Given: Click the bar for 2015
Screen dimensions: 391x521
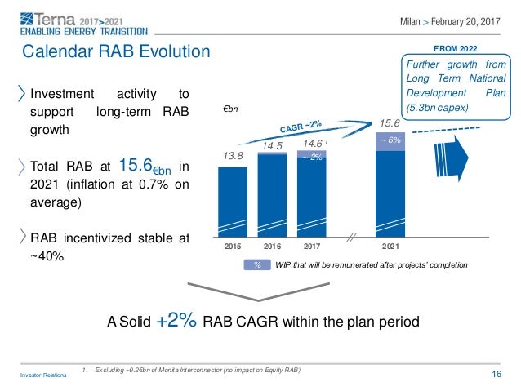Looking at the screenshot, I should point(234,199).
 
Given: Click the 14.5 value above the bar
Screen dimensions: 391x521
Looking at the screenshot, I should point(272,145).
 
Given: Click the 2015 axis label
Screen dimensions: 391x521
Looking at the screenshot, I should point(234,243).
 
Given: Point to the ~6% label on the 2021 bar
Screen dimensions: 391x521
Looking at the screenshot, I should point(390,140).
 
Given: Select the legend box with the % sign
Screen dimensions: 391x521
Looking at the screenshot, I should point(256,265).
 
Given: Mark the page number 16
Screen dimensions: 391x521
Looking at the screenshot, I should point(497,373).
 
